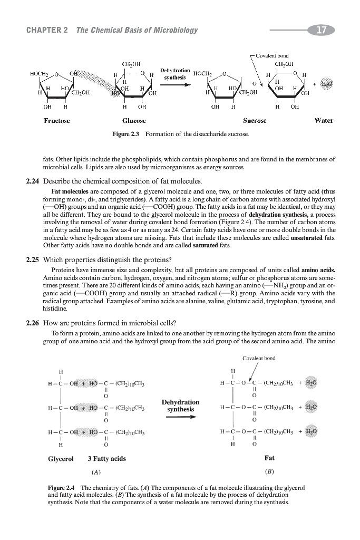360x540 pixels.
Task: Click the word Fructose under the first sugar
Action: click(x=57, y=120)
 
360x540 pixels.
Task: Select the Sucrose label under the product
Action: click(x=255, y=120)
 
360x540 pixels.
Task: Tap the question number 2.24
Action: click(x=34, y=181)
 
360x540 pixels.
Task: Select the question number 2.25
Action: click(x=34, y=259)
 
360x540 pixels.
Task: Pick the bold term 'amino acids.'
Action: click(x=316, y=271)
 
